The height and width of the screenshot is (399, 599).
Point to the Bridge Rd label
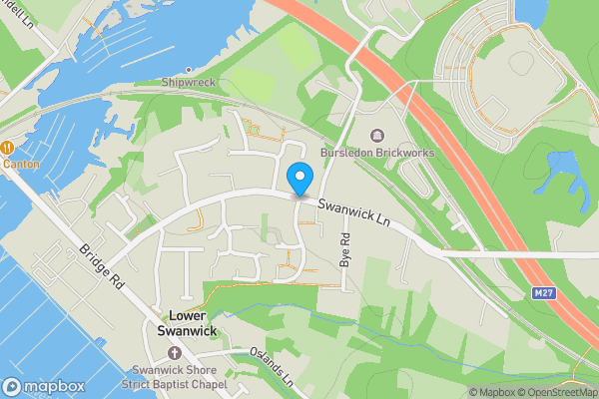pos(104,270)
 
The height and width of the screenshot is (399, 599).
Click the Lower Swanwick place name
pos(188,322)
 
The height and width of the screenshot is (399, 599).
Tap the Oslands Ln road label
pos(272,367)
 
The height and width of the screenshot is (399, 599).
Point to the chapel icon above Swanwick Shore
pos(176,354)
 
